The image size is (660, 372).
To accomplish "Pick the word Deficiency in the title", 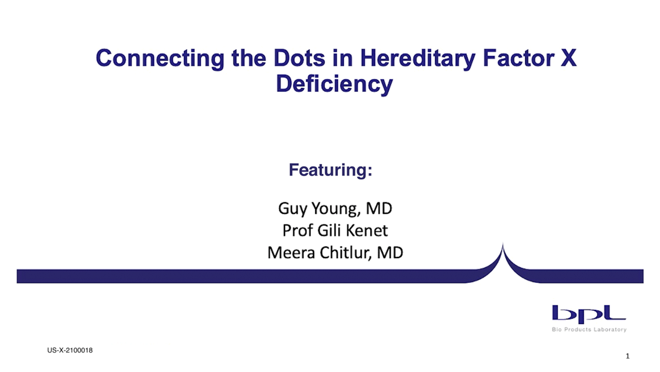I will point(334,85).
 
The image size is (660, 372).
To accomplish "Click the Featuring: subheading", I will point(330,170).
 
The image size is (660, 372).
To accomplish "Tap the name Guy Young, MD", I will point(335,209).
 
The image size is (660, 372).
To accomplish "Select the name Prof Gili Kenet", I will point(335,231).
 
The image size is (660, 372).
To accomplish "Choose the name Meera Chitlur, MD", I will point(335,252).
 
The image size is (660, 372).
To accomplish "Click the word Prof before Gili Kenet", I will point(296,231).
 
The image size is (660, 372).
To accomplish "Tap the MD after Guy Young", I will point(379,209).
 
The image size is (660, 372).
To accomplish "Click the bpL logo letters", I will point(588,314).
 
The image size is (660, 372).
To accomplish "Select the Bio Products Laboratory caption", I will point(589,330).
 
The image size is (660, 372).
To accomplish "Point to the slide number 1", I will point(627,357).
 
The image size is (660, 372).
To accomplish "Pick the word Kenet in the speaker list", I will point(369,231).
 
